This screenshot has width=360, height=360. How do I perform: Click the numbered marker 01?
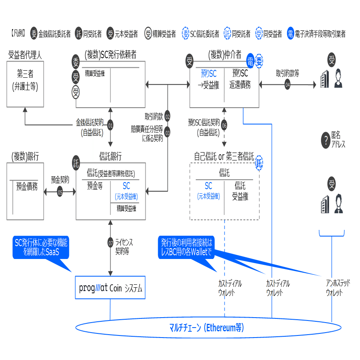pos(111,125)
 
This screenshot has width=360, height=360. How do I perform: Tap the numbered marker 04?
pos(288,84)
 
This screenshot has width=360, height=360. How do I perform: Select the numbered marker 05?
pos(60,192)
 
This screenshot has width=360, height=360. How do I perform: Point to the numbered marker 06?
pos(224,125)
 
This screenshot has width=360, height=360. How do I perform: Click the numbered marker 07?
pos(111,243)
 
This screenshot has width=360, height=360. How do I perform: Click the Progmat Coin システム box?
pos(110,288)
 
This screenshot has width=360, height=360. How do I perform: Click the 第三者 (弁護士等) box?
pos(25,80)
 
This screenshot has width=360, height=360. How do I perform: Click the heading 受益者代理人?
pos(25,54)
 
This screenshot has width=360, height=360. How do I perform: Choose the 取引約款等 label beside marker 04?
pos(287,73)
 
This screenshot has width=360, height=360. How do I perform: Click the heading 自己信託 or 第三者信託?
pos(224,156)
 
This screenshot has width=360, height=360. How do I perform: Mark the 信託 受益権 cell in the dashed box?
pos(240,191)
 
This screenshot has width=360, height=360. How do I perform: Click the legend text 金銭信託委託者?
pos(54,34)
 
